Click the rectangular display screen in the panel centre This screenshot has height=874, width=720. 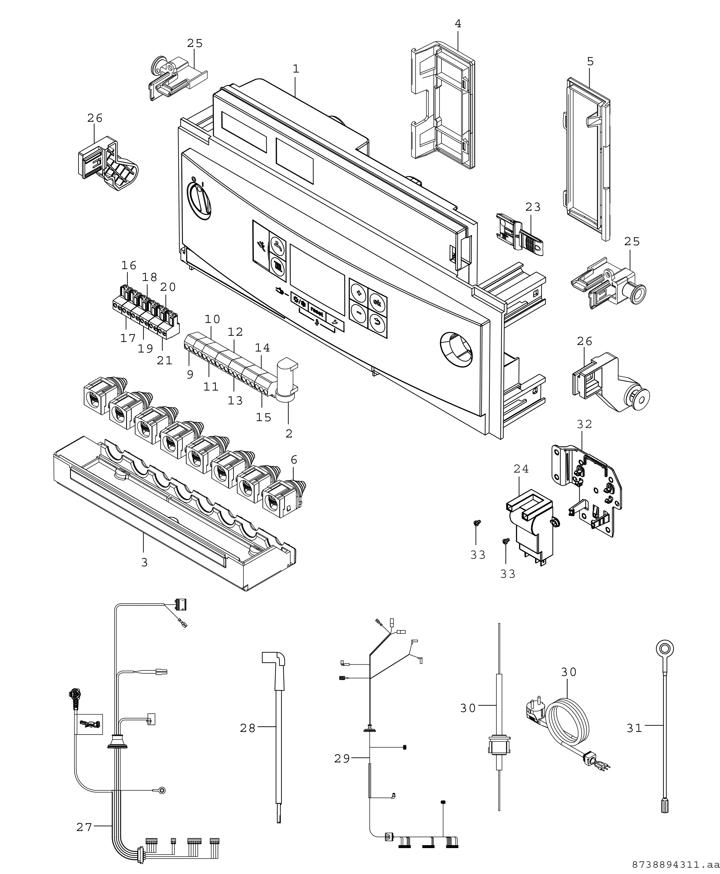(317, 279)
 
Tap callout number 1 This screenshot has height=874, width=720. (295, 69)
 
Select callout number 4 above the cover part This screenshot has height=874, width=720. (458, 24)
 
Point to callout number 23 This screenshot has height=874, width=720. (533, 207)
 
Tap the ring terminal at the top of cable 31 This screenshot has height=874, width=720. (664, 648)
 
